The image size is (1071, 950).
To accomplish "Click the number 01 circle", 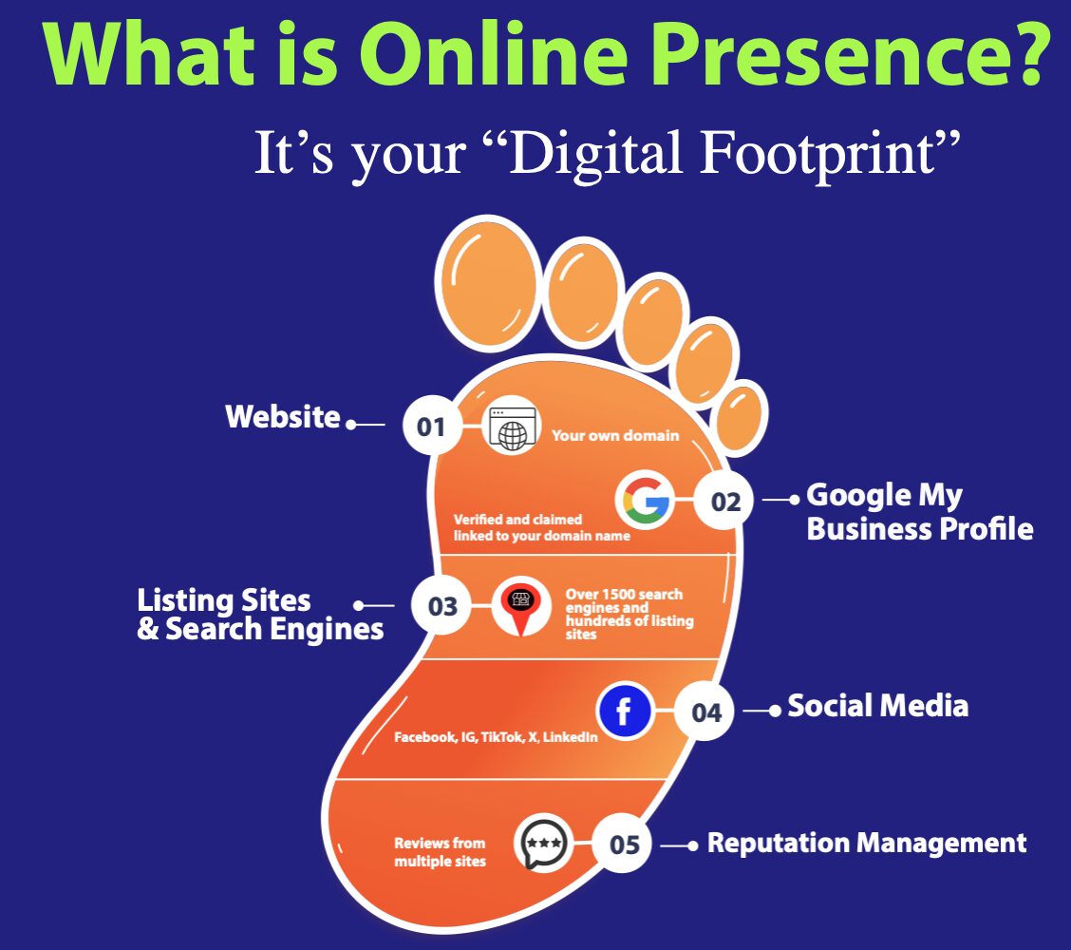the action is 431,425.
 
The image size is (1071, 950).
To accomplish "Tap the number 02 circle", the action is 725,501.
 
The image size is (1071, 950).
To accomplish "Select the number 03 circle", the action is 442,605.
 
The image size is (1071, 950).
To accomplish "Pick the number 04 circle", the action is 705,712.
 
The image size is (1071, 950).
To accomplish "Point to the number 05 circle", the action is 623,844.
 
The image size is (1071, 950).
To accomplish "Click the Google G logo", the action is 645,501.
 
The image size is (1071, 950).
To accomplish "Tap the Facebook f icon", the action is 625,711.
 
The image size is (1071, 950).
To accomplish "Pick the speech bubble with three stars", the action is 544,844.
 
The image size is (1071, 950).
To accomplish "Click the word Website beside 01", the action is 283,416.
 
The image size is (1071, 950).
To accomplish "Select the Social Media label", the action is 877,705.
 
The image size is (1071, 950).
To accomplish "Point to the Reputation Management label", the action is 867,844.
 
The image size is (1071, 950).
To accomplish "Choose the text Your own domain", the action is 615,435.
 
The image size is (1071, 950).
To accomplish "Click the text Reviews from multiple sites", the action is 440,851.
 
